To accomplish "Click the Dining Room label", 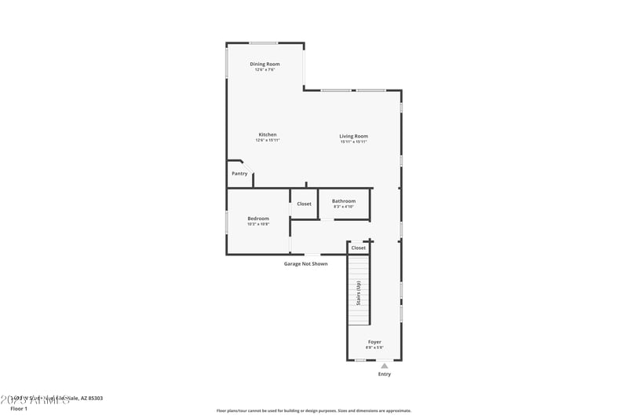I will (265, 64).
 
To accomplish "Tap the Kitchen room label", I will (268, 134).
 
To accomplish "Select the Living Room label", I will (353, 136).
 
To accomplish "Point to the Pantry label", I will (239, 174).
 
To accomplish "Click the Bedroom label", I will (258, 219).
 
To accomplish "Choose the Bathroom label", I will (343, 201).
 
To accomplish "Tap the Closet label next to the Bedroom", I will (304, 204).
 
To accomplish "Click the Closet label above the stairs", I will (358, 248).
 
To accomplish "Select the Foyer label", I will (374, 342).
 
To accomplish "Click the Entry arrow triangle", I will (384, 366).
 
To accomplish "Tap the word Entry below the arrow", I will (384, 374).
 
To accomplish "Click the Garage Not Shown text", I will (305, 263).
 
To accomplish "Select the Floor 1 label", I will (18, 409).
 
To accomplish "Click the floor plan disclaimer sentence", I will (313, 410).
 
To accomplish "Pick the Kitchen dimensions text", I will (268, 141).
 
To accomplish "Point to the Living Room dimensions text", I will (353, 142).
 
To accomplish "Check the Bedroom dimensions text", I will (258, 225).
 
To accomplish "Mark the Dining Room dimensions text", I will (265, 70).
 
